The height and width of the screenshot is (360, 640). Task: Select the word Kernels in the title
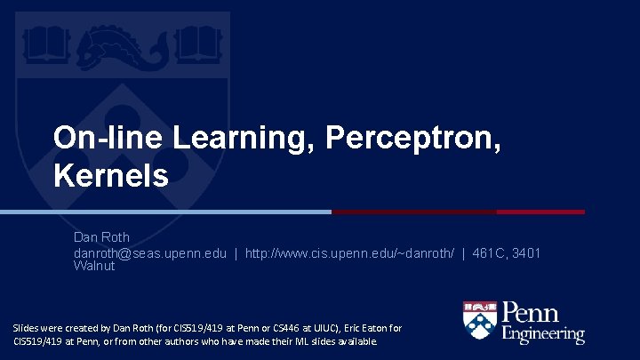pyautogui.click(x=111, y=175)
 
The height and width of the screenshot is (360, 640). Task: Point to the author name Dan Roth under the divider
pyautogui.click(x=101, y=237)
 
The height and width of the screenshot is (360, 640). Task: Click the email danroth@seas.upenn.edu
pyautogui.click(x=149, y=253)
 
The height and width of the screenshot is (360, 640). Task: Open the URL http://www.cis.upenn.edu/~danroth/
pyautogui.click(x=350, y=253)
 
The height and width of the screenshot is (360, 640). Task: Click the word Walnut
pyautogui.click(x=94, y=266)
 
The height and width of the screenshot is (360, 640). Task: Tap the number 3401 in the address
pyautogui.click(x=524, y=253)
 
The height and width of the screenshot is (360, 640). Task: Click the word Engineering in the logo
pyautogui.click(x=543, y=334)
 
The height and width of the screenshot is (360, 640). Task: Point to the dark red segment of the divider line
pyautogui.click(x=458, y=212)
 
